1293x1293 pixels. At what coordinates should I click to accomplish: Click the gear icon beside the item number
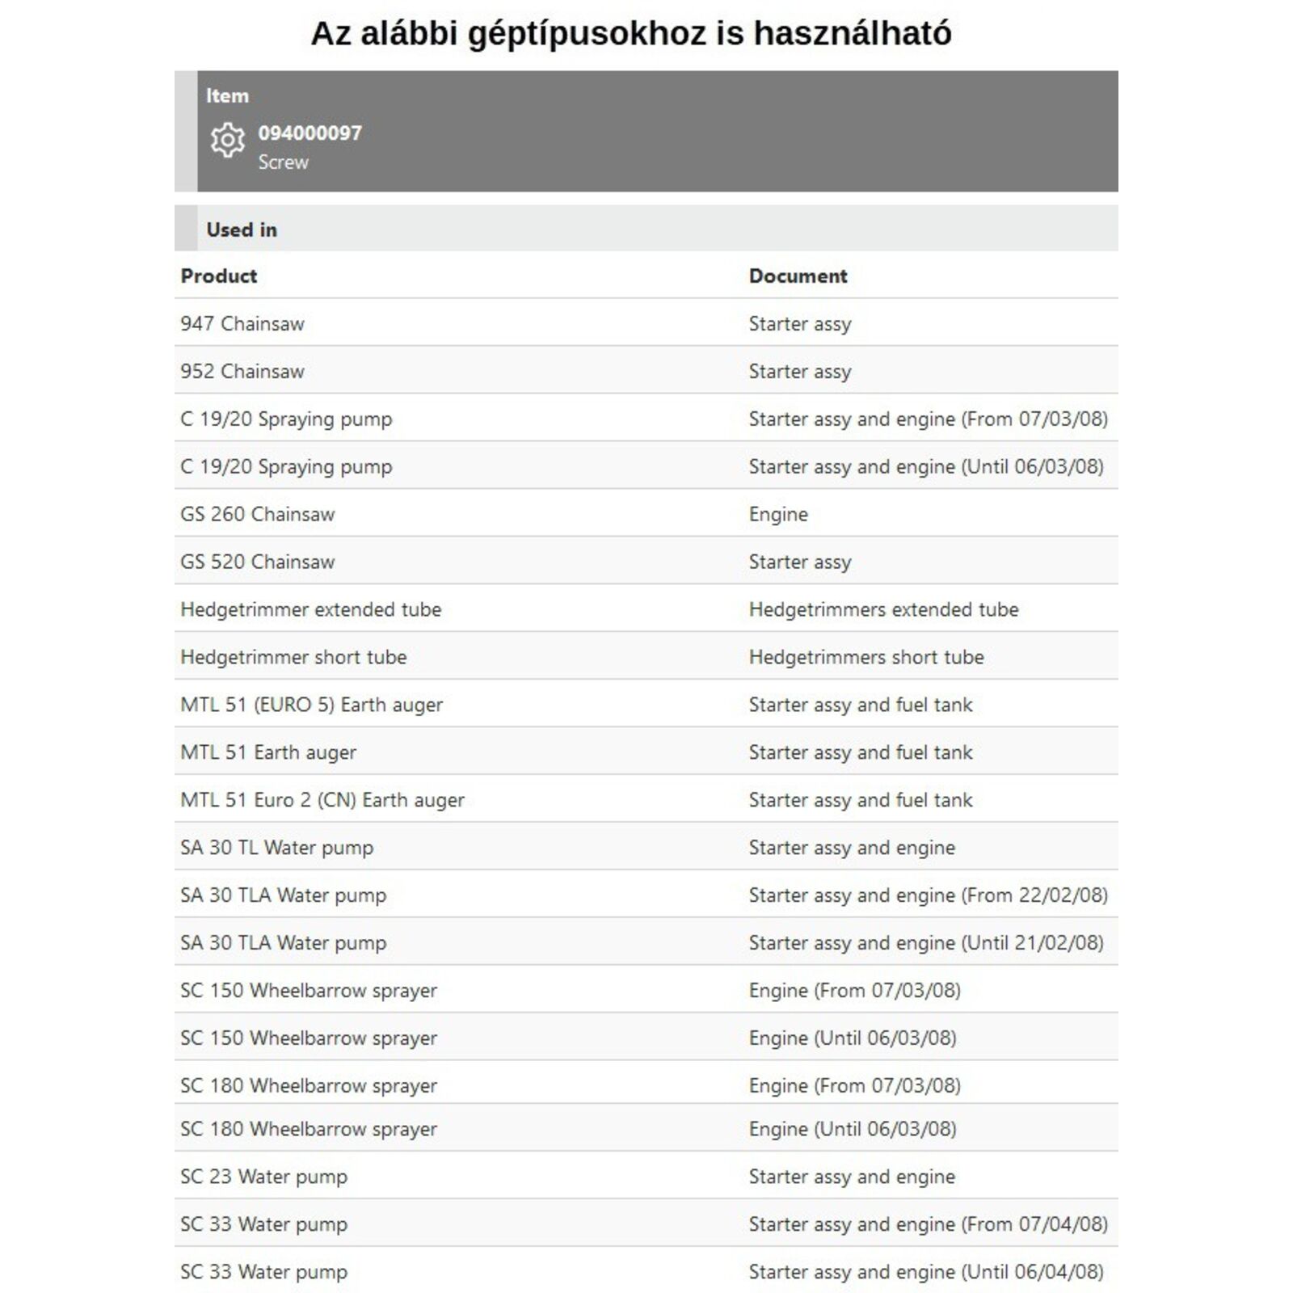(x=227, y=140)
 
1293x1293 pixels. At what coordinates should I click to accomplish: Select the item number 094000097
(x=310, y=133)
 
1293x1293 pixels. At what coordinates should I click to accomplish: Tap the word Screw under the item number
(x=283, y=162)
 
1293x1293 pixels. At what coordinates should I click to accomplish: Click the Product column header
(x=218, y=276)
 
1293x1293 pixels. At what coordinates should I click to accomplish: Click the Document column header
(x=798, y=276)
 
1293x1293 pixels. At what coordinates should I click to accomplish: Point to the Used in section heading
(x=241, y=230)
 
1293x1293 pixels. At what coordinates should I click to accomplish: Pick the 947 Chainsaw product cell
(x=242, y=323)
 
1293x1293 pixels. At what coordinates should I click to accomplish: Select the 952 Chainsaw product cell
(x=242, y=371)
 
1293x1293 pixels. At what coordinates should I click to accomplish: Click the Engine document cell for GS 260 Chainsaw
(x=778, y=514)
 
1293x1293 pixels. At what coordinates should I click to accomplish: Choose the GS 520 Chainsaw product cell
(x=257, y=562)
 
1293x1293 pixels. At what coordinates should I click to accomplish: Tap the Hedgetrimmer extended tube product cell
(x=310, y=609)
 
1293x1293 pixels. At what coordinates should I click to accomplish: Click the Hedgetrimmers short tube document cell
(x=866, y=657)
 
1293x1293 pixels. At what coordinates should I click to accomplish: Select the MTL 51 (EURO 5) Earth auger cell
(x=311, y=705)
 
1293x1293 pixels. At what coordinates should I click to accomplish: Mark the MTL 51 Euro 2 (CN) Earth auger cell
(x=322, y=800)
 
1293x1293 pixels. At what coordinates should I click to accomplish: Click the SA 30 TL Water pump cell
(x=276, y=848)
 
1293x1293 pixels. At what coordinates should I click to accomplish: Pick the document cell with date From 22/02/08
(x=928, y=895)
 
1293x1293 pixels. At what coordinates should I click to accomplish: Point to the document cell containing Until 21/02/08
(x=925, y=943)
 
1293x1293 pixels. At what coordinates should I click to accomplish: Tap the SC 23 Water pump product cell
(x=263, y=1177)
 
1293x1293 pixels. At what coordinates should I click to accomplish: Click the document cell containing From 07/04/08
(x=928, y=1224)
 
